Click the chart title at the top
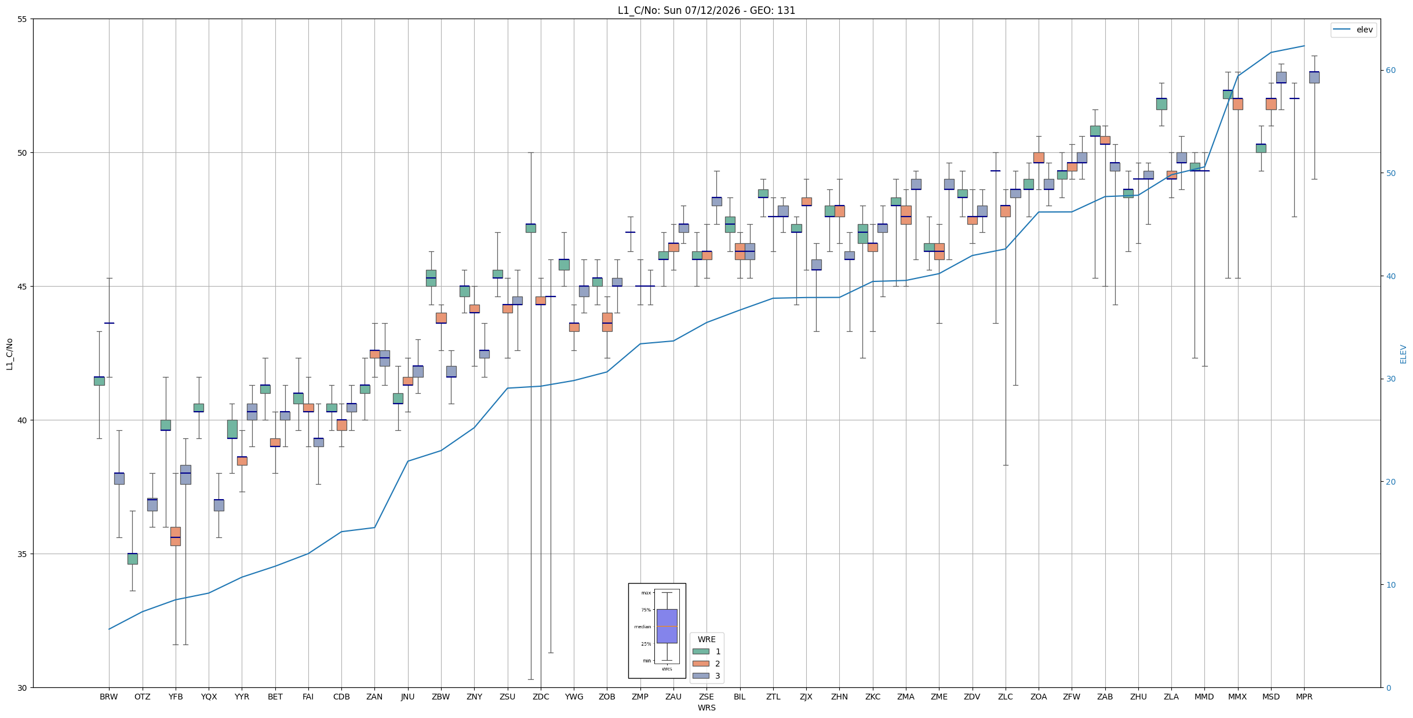[706, 10]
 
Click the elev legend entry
[1353, 30]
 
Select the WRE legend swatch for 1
[701, 651]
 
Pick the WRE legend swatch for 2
[701, 664]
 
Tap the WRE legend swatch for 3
[701, 676]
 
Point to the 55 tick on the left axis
[23, 19]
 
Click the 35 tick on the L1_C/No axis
[23, 554]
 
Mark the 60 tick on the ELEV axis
[1390, 71]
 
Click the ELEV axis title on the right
[1403, 354]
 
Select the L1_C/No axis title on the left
[9, 354]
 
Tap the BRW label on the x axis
[109, 697]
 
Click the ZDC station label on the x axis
[541, 697]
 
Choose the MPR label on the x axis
[1304, 697]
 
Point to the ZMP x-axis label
[640, 697]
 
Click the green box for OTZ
[133, 559]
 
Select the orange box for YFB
[176, 536]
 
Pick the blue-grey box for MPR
[1314, 78]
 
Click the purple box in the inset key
[667, 626]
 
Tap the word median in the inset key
[643, 627]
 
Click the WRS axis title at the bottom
[706, 708]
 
